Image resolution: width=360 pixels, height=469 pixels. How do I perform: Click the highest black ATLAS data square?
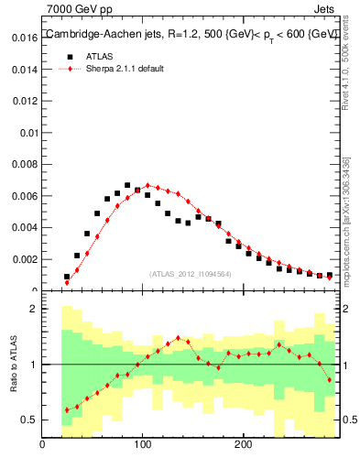tap(127, 185)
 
